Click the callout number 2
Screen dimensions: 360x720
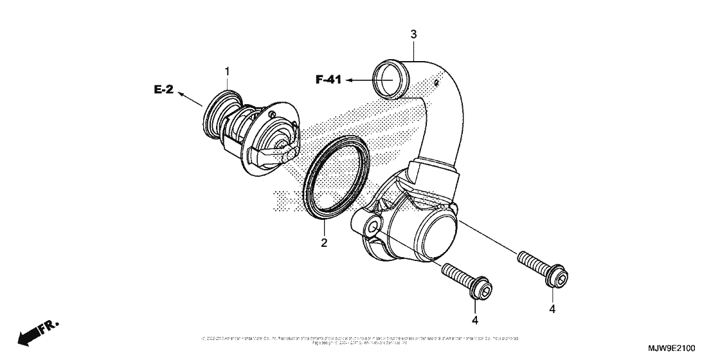click(325, 242)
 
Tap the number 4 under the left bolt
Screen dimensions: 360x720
click(475, 319)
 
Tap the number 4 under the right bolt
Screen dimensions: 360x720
click(552, 309)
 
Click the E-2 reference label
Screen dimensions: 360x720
click(164, 90)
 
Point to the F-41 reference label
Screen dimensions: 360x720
click(328, 80)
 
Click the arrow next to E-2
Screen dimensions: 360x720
click(188, 98)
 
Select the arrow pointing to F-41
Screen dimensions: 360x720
click(360, 80)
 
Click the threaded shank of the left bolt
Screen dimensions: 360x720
click(456, 276)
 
